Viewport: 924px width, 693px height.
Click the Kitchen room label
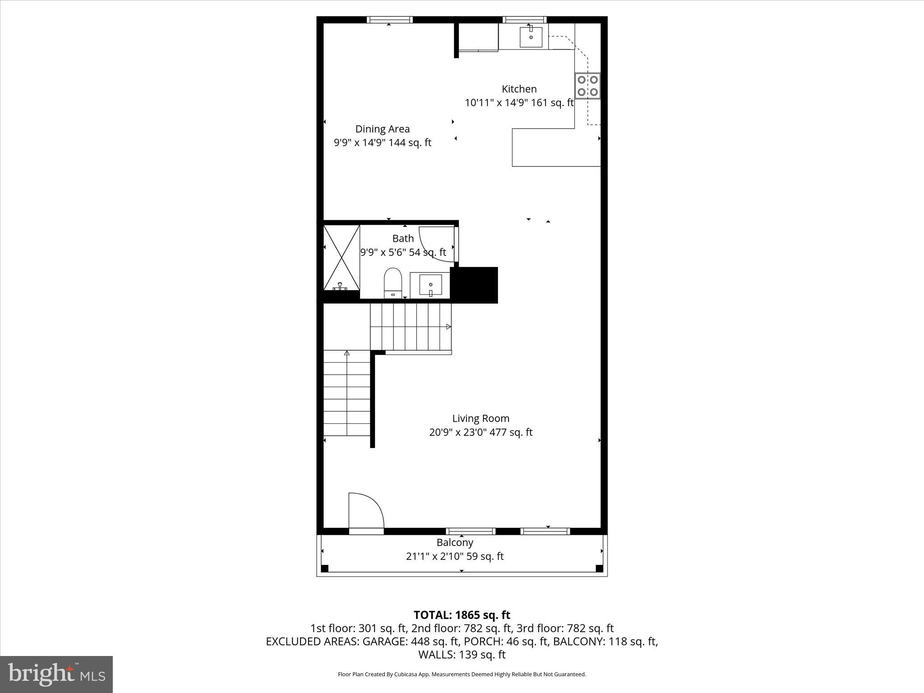click(519, 89)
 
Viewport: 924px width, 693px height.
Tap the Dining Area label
click(382, 129)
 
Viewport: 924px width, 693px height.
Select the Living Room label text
click(480, 418)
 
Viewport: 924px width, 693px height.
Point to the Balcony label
click(454, 542)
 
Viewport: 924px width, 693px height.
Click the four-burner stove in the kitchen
click(587, 86)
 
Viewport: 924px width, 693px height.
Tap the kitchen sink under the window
click(531, 37)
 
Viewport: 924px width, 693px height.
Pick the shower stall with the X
click(342, 257)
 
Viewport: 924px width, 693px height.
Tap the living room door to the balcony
click(366, 512)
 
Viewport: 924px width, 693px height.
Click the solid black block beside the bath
click(475, 285)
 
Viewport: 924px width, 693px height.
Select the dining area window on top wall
click(389, 20)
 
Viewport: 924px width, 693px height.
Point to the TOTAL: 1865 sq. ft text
click(462, 615)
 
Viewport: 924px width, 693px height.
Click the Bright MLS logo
click(56, 674)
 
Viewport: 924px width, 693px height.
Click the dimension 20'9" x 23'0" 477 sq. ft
click(480, 432)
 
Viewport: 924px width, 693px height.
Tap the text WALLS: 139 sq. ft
click(462, 655)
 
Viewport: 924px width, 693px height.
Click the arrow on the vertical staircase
click(346, 353)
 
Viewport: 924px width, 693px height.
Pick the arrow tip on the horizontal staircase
click(448, 326)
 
